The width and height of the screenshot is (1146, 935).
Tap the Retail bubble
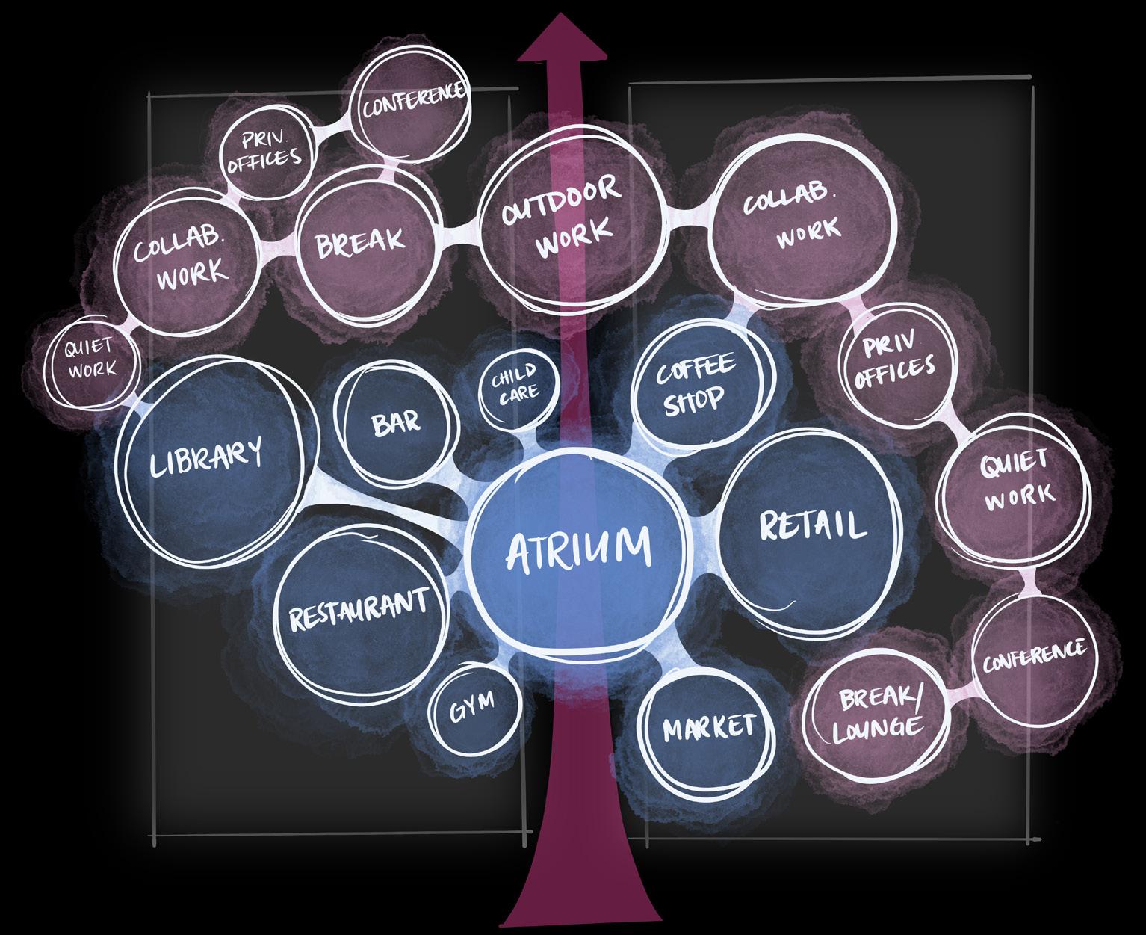coord(811,527)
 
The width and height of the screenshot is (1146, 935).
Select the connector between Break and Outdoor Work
coord(456,234)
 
